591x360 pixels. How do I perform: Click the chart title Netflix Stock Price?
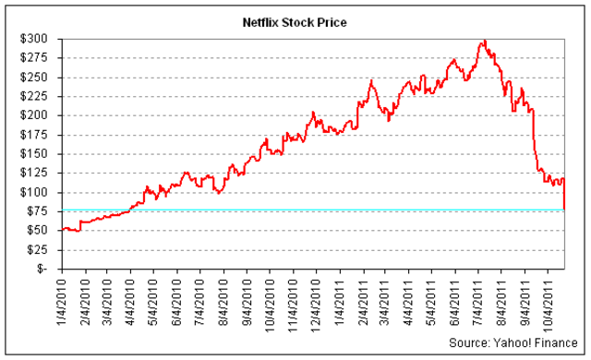click(x=295, y=21)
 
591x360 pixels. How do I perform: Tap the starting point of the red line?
click(x=62, y=229)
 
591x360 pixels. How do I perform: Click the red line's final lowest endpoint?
click(x=565, y=209)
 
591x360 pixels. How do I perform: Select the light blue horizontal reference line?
click(x=277, y=210)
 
